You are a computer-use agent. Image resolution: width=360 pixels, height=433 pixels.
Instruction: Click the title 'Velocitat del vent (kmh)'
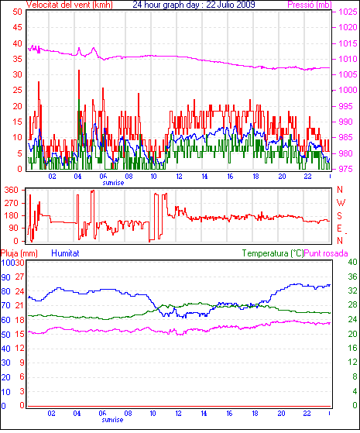70,5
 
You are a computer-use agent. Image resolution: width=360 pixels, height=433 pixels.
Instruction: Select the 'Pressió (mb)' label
310,5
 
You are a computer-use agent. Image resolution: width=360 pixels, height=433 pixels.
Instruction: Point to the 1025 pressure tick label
348,12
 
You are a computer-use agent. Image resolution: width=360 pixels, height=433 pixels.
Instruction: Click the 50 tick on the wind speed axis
17,12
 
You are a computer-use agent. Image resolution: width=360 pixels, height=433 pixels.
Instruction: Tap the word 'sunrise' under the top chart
113,183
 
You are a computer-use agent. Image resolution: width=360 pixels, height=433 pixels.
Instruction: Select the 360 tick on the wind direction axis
11,190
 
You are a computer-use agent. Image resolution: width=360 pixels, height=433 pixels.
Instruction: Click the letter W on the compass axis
341,203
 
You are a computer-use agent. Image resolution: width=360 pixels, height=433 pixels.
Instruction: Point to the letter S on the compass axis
339,215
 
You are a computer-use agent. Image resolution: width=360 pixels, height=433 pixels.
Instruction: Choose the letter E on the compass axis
339,228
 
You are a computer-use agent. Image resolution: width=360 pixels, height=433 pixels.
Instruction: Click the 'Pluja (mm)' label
19,253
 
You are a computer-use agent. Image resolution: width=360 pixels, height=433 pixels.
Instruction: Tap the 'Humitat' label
65,253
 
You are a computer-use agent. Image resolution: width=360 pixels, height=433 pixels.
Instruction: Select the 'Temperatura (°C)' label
273,253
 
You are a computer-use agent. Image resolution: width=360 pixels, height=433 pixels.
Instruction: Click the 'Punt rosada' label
326,253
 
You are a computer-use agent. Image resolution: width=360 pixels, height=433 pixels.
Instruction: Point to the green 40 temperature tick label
352,262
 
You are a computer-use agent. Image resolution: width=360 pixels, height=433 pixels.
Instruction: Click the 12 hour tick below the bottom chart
178,414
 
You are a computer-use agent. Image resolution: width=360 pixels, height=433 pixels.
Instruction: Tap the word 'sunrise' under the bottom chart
112,420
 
